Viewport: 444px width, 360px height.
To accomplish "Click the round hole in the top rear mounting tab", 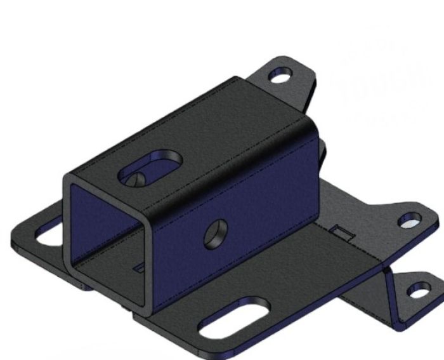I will tap(278, 77).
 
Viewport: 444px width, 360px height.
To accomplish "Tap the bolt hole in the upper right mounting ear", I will tap(408, 220).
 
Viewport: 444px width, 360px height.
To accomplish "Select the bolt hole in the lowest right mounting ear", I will tap(415, 293).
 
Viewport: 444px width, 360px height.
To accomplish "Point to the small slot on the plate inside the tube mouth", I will tap(138, 269).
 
